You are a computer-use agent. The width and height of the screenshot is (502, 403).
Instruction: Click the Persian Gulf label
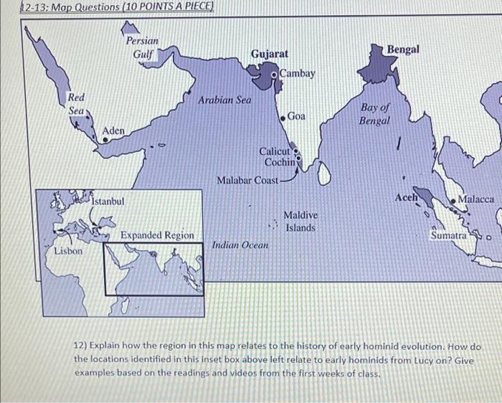[142, 48]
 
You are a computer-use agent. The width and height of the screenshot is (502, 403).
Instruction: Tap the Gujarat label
[270, 54]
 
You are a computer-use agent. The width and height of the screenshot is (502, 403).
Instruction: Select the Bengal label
[403, 49]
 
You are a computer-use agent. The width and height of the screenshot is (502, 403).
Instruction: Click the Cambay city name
[298, 73]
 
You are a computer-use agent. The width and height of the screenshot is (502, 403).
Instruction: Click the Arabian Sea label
[225, 100]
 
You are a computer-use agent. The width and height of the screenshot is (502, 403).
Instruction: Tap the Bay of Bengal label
[374, 114]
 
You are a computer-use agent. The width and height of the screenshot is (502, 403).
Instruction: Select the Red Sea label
[76, 104]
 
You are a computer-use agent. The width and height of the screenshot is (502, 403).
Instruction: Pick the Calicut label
[274, 151]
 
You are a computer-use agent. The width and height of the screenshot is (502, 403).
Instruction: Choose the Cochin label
[280, 162]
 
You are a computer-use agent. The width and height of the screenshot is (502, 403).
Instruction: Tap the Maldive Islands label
[300, 221]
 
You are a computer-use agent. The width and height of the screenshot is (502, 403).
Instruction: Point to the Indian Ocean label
[240, 245]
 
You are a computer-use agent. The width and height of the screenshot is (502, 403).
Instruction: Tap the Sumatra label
[448, 234]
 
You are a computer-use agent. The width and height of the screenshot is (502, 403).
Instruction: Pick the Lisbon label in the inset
[68, 252]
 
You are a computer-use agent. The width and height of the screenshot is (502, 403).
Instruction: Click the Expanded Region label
[157, 235]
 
